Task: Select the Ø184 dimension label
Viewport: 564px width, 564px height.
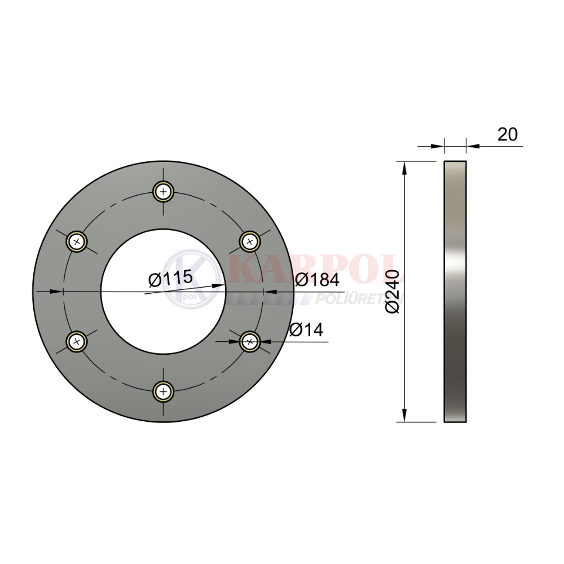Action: tap(317, 280)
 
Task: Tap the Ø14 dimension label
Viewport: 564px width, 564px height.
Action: tap(306, 329)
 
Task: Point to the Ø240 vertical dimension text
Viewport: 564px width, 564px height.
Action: tap(392, 292)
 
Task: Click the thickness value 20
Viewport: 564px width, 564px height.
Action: tap(508, 134)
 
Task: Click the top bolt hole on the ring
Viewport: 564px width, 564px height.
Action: tap(164, 192)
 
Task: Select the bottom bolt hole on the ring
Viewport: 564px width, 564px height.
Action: tap(164, 391)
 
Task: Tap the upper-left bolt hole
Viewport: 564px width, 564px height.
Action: tap(77, 241)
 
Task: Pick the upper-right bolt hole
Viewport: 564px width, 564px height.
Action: tap(250, 241)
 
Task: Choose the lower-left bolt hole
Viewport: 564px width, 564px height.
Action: tap(77, 341)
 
